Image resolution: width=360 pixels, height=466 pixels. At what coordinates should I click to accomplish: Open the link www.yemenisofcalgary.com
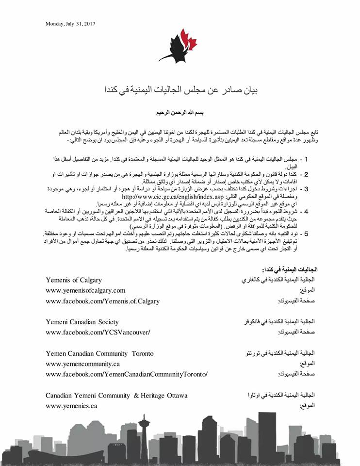pyautogui.click(x=85, y=290)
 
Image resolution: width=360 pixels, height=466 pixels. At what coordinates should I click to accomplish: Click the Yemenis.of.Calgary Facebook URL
pyautogui.click(x=102, y=301)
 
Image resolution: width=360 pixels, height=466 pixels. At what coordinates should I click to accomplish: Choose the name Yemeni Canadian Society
pyautogui.click(x=82, y=322)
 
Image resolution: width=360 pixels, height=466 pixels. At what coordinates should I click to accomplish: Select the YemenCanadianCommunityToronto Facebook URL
pyautogui.click(x=127, y=374)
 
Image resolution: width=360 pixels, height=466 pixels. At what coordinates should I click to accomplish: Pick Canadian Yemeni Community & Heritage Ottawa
pyautogui.click(x=116, y=395)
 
